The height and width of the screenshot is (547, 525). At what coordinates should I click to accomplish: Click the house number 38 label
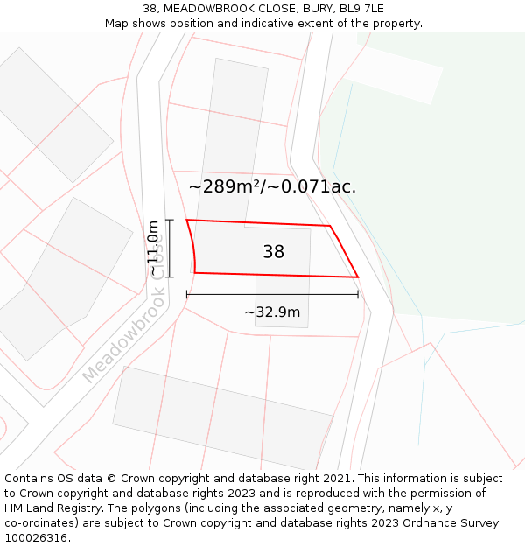(273, 252)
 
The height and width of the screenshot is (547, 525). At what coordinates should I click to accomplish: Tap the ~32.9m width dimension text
(272, 312)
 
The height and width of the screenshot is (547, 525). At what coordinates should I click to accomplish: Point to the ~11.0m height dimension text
(153, 249)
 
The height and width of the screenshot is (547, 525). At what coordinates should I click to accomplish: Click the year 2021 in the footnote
(337, 479)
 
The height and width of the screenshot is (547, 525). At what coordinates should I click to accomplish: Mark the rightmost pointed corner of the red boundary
(358, 277)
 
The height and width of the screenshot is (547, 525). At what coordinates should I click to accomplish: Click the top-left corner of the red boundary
(186, 220)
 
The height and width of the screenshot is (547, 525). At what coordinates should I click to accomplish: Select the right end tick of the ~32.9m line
(358, 295)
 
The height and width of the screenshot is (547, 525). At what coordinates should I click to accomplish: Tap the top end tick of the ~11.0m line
(170, 220)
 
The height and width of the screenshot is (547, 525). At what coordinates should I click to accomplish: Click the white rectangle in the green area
(391, 74)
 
